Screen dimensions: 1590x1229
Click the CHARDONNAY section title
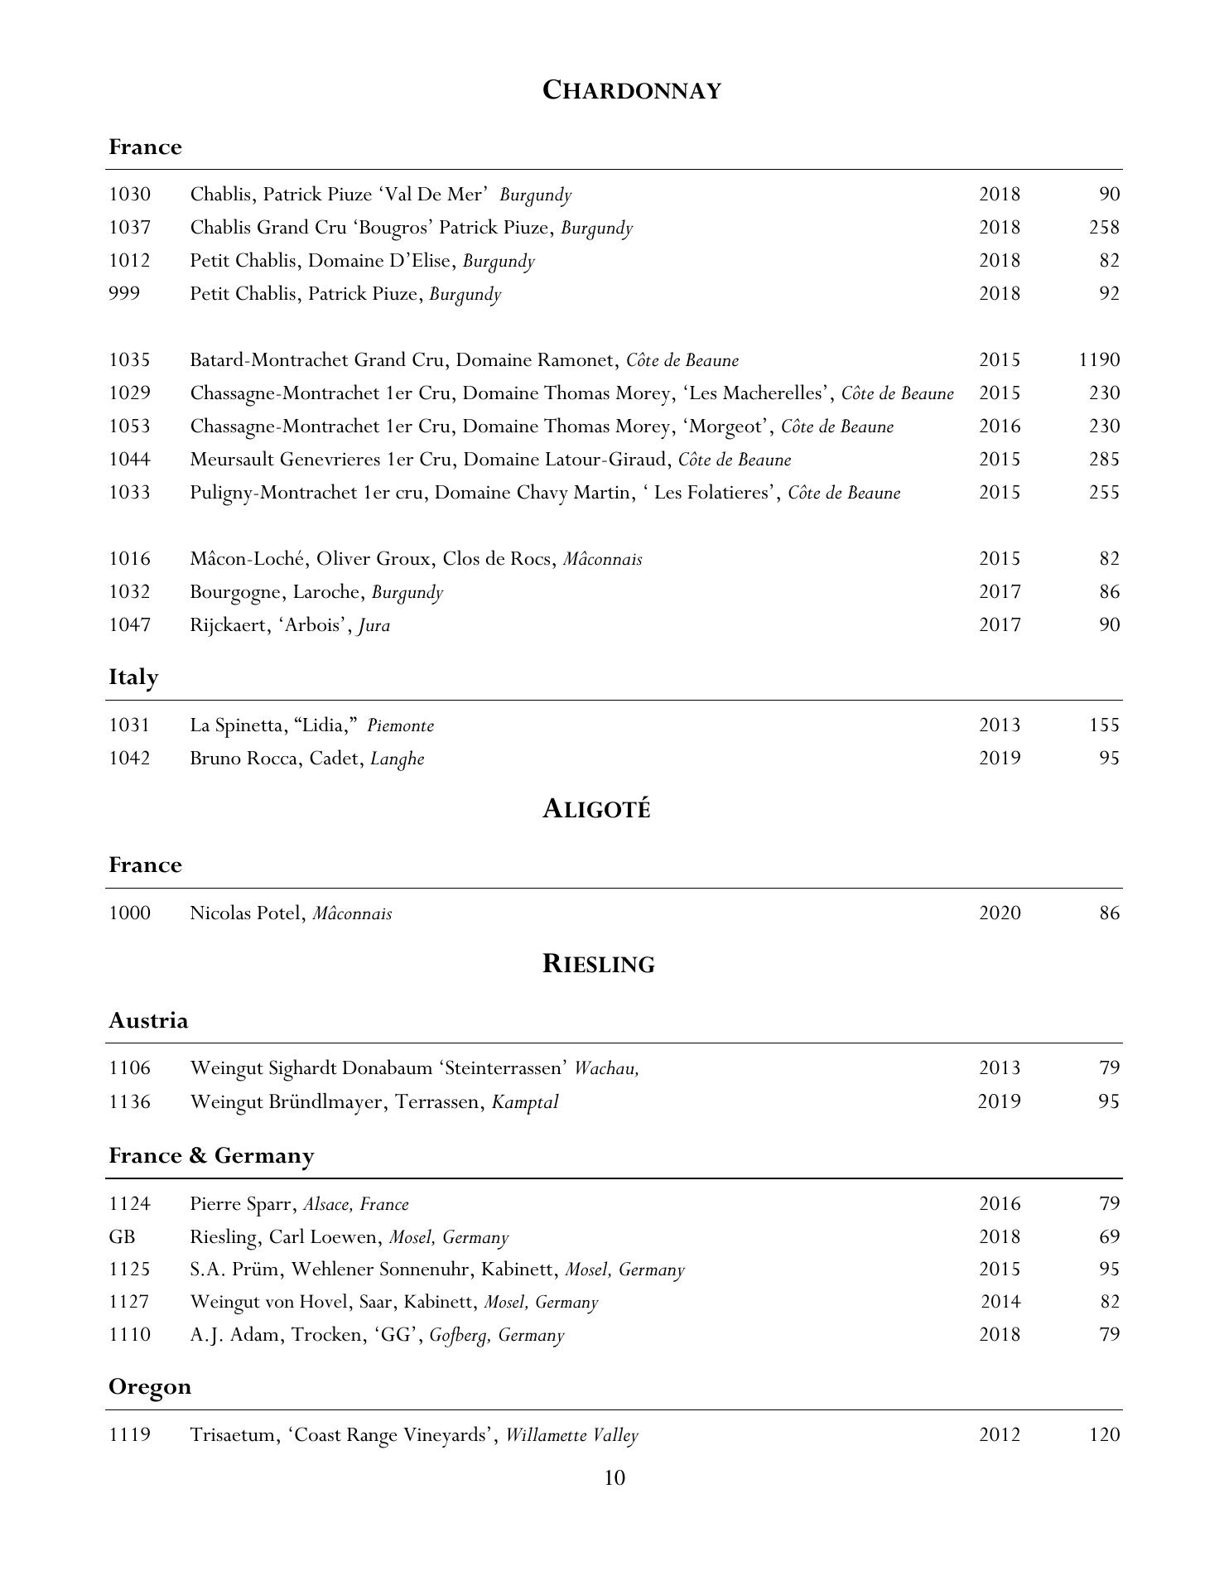click(x=631, y=90)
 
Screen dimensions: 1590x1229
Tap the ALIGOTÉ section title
click(x=596, y=809)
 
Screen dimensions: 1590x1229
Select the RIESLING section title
click(x=598, y=964)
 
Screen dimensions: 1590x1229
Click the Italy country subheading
click(x=133, y=677)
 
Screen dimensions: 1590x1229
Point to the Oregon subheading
click(x=150, y=1386)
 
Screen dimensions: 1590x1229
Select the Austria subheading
click(x=148, y=1020)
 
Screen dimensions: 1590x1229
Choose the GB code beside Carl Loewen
click(x=122, y=1236)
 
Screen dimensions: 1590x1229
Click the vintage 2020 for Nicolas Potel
click(x=1000, y=913)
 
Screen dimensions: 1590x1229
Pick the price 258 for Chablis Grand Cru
click(x=1104, y=228)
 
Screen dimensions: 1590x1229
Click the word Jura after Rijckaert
click(x=374, y=625)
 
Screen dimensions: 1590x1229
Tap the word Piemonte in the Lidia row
click(x=400, y=725)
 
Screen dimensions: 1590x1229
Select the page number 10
click(x=614, y=1477)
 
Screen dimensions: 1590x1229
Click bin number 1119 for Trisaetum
click(x=129, y=1434)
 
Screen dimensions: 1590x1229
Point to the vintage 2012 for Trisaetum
click(x=1000, y=1434)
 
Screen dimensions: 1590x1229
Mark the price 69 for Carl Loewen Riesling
click(x=1109, y=1236)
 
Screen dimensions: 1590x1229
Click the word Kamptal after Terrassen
click(x=525, y=1102)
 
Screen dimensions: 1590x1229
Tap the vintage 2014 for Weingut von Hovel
click(x=1000, y=1302)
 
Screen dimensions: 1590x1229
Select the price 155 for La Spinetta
click(x=1104, y=725)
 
